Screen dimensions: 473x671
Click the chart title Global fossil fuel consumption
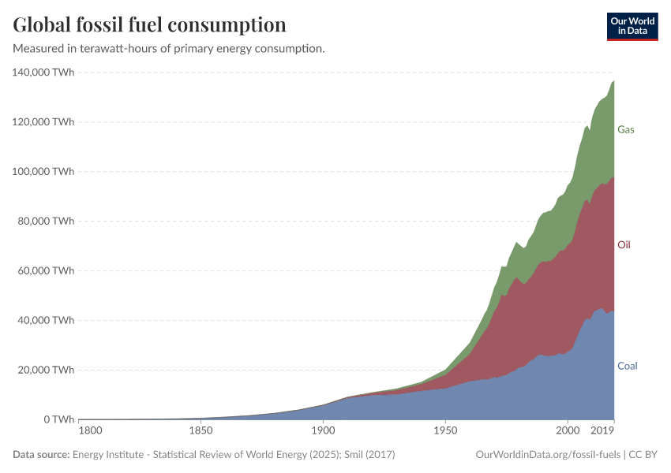coord(149,24)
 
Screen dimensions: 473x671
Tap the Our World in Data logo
coord(632,26)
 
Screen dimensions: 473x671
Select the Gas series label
coord(625,129)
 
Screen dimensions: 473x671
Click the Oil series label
coord(624,245)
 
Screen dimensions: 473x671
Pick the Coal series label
coord(627,366)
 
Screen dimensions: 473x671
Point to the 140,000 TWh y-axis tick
coord(43,73)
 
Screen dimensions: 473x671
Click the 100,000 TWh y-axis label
coord(43,172)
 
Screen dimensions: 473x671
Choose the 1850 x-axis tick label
coord(201,432)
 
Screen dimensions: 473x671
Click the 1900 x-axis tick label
coord(323,432)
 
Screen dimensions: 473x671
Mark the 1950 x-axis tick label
coord(445,432)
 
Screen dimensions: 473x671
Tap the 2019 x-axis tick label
coord(602,432)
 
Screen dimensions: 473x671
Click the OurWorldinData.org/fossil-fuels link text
coord(548,455)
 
